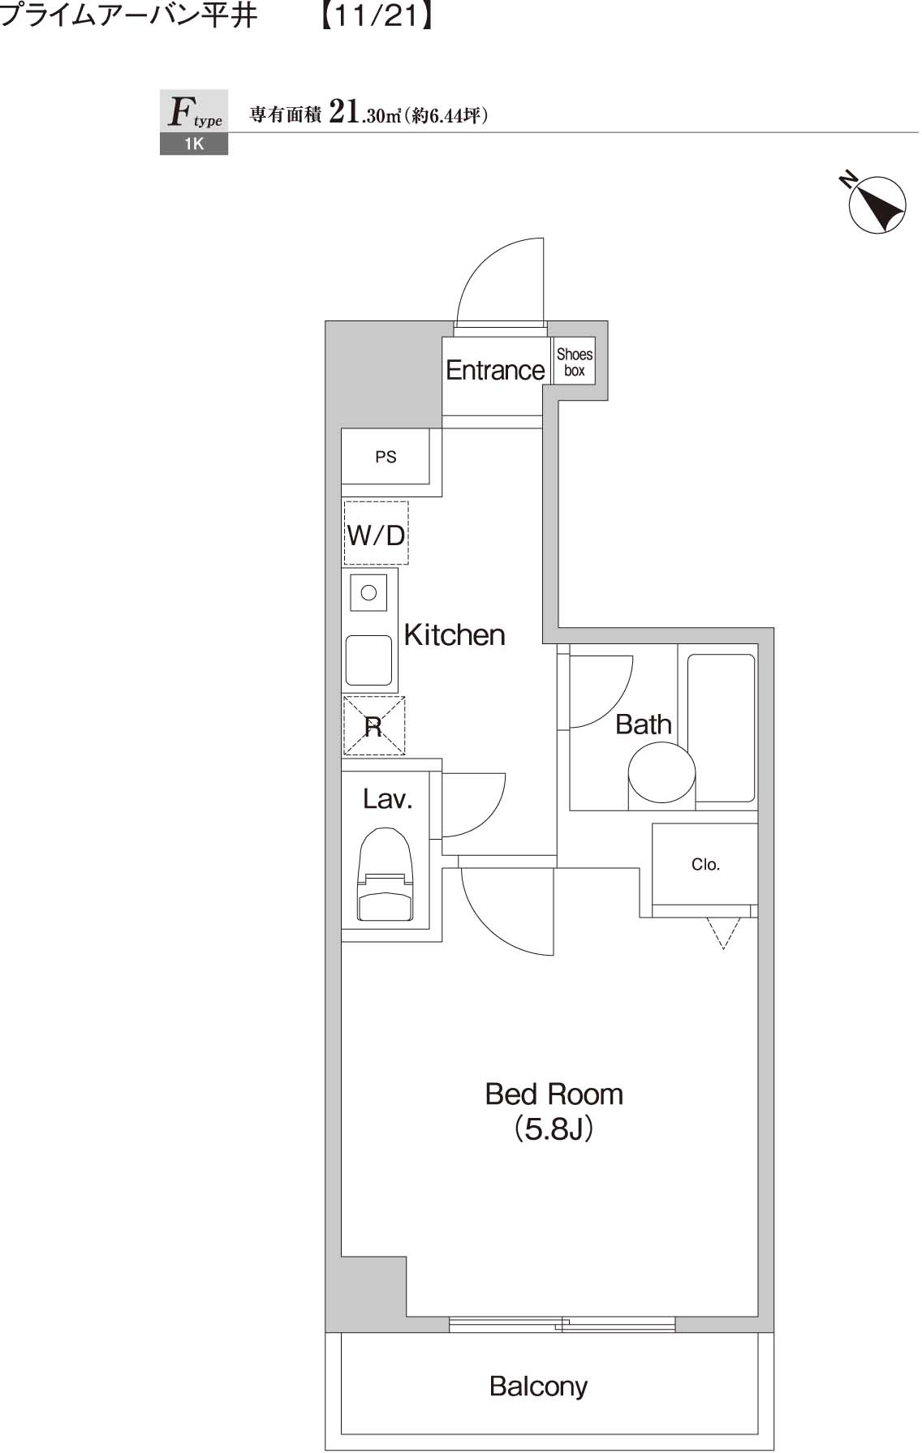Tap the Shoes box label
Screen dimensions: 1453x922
(574, 362)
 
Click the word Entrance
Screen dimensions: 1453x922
(495, 371)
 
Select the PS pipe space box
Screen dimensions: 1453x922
(386, 457)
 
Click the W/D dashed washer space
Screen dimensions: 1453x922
(376, 535)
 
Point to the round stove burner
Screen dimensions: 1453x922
(368, 592)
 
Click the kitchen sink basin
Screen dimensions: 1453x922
(369, 660)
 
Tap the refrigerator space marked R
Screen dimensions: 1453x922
(373, 726)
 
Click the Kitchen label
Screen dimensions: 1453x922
(455, 635)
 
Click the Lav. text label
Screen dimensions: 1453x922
(387, 799)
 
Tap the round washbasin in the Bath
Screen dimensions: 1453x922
(661, 774)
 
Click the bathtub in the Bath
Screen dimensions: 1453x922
(721, 728)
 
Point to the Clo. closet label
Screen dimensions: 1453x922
(705, 865)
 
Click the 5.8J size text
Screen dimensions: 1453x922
(554, 1129)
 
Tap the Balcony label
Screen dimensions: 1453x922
(538, 1386)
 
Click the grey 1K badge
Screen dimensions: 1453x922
(193, 144)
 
